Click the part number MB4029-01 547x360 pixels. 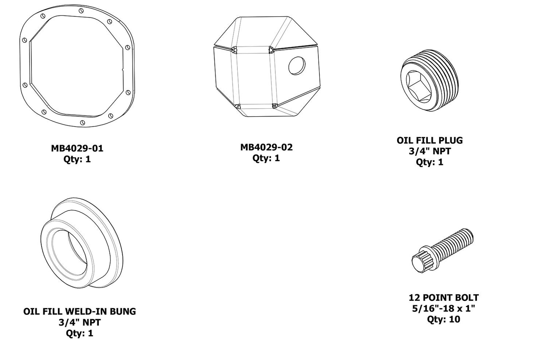77,148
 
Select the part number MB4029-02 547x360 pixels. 266,147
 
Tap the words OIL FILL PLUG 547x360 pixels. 430,140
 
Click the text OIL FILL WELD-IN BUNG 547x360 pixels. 79,312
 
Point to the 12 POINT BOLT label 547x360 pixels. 444,298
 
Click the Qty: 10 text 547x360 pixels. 443,319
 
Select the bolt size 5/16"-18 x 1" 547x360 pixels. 444,309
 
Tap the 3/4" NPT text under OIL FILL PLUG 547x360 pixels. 430,151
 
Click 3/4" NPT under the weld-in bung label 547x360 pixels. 79,323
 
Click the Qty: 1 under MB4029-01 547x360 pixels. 77,159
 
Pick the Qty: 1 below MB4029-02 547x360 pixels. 266,158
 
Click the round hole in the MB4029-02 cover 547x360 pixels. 297,66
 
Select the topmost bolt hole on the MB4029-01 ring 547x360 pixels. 81,11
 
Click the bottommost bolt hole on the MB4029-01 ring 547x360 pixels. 83,122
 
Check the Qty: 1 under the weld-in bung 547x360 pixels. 79,333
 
